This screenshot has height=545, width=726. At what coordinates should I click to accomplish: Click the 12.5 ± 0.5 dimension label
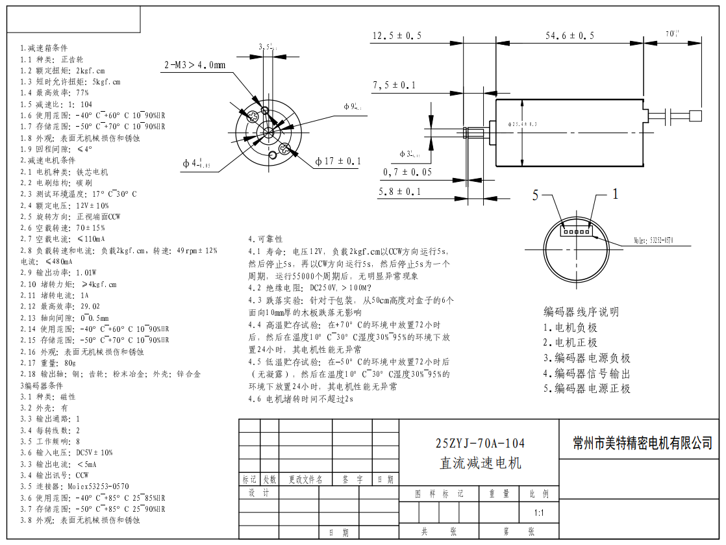(x=397, y=36)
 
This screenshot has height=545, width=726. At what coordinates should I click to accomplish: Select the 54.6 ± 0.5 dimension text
(x=570, y=36)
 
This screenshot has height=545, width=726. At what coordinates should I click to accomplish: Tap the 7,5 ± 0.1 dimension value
(x=394, y=85)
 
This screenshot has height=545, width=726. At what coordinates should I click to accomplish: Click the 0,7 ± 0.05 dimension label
(x=408, y=171)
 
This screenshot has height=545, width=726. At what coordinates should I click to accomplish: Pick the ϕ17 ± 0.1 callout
(x=338, y=161)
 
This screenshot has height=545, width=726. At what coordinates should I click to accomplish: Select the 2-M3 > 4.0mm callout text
(x=195, y=65)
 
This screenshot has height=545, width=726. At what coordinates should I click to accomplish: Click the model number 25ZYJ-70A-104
(x=480, y=444)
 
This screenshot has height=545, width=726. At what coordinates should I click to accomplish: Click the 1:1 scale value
(x=539, y=512)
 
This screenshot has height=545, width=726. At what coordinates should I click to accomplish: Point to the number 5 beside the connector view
(x=536, y=195)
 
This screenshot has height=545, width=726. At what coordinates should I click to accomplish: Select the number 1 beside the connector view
(x=616, y=194)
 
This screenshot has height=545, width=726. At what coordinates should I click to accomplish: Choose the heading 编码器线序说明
(x=581, y=312)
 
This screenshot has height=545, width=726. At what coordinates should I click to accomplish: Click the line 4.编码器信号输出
(x=586, y=374)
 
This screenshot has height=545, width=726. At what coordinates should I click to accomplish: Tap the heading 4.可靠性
(x=266, y=239)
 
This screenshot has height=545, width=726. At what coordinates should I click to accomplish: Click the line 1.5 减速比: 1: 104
(x=56, y=104)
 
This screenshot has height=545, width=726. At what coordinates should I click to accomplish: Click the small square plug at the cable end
(x=697, y=116)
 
